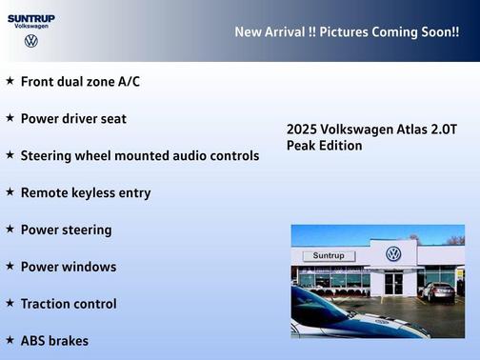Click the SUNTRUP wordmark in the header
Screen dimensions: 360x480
click(x=30, y=17)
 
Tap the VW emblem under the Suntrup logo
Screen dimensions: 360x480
click(x=30, y=42)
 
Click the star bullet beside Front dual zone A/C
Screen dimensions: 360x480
click(x=10, y=81)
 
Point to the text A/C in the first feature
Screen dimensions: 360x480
click(x=128, y=82)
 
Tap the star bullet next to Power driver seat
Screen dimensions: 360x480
click(x=10, y=118)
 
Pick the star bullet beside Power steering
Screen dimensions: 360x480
click(x=10, y=229)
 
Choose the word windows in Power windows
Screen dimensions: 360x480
click(x=90, y=267)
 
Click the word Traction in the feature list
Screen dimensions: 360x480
click(x=49, y=304)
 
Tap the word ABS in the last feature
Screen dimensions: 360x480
click(x=35, y=341)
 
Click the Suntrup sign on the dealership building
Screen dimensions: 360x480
click(x=328, y=256)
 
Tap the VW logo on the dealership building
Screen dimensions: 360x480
click(x=393, y=254)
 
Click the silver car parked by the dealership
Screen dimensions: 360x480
click(x=438, y=291)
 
